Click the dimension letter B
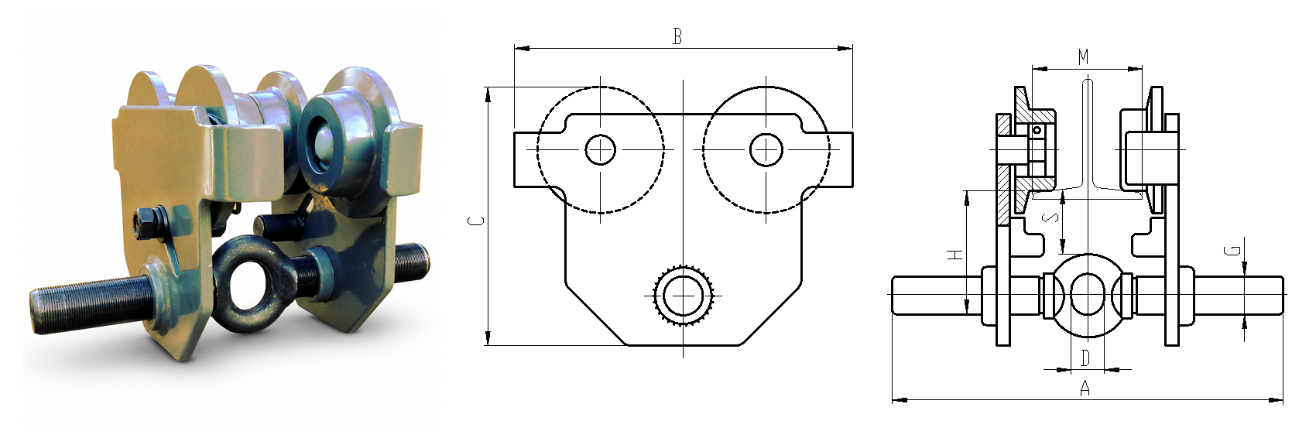(677, 36)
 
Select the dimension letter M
(1084, 57)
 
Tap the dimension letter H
(956, 255)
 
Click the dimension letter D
(1085, 358)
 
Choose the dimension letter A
(1085, 388)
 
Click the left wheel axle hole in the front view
(600, 149)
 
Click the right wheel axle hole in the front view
(766, 149)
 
